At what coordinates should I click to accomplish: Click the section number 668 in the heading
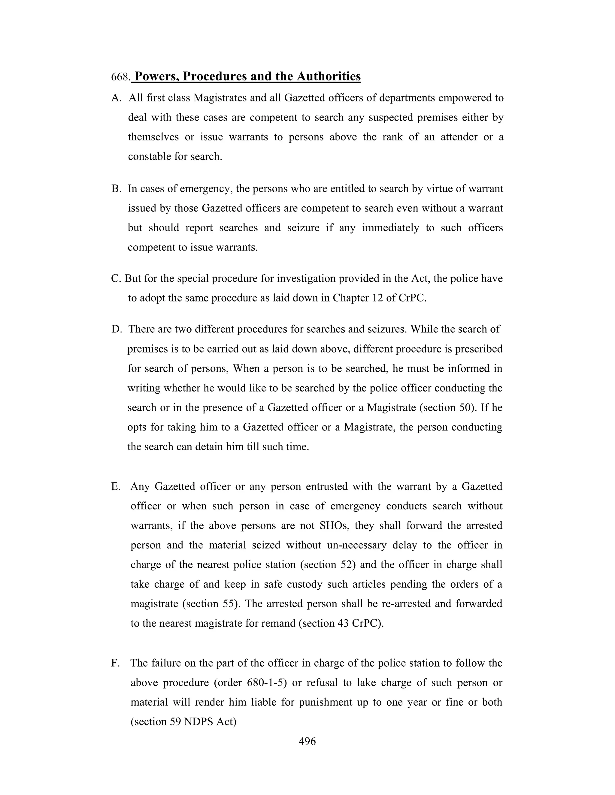click(x=120, y=77)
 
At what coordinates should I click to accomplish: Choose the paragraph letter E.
click(x=116, y=487)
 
